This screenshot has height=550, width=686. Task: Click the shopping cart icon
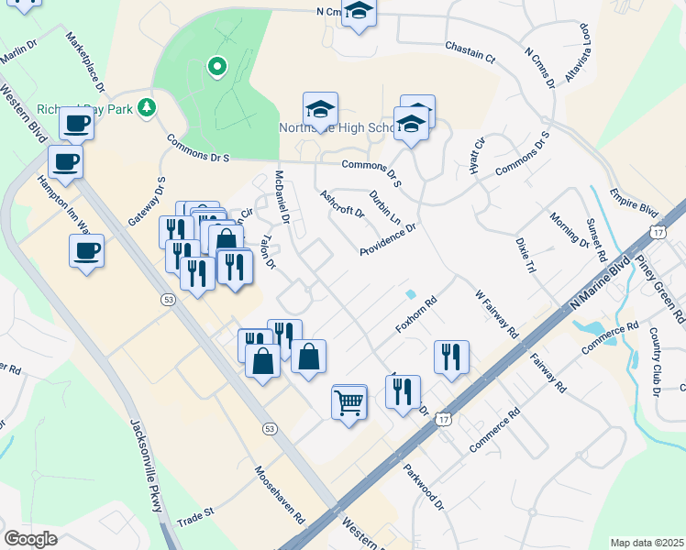pos(349,401)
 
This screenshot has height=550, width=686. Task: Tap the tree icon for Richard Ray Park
pos(146,108)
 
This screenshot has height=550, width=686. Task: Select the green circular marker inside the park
pos(217,66)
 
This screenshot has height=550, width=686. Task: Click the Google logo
pos(31,539)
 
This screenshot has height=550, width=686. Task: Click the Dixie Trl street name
pos(526,257)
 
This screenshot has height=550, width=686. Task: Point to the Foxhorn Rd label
pos(415,315)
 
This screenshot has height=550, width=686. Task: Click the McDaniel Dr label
pos(282,197)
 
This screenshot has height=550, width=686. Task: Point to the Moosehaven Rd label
pos(280,492)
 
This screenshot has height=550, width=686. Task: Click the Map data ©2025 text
pos(646,542)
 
